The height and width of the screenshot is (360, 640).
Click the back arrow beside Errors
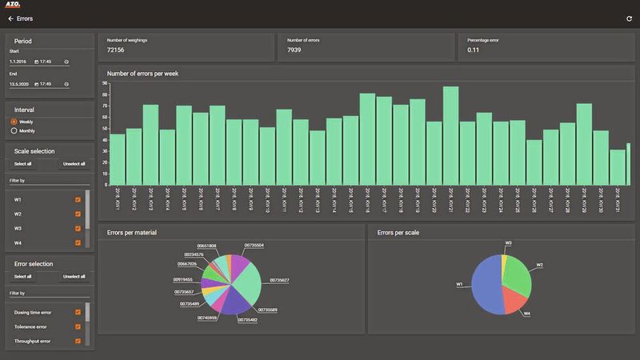point(10,18)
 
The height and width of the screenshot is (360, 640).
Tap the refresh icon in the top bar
point(629,18)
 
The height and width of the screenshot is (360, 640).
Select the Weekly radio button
point(14,122)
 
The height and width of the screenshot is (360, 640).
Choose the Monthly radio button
point(14,130)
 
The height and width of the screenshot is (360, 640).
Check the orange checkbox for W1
point(78,200)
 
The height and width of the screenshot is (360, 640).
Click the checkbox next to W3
point(78,228)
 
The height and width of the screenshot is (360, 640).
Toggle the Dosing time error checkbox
point(78,313)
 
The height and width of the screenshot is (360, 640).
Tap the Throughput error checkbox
point(78,341)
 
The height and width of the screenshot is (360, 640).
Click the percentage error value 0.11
point(474,50)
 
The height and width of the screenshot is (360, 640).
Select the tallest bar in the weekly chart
point(450,136)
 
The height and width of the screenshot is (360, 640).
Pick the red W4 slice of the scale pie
point(516,302)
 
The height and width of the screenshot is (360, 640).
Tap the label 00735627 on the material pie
point(279,281)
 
